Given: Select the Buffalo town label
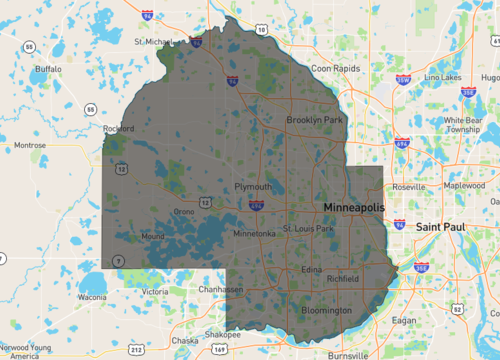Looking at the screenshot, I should (48, 69).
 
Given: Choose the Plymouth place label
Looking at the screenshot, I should (252, 187).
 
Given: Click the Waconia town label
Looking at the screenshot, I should (92, 297).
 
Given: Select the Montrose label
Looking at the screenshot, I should (30, 145).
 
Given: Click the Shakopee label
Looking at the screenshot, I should (221, 334).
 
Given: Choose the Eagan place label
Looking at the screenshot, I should (404, 320).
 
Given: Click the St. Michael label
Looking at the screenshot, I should (154, 42).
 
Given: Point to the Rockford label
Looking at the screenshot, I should (119, 128).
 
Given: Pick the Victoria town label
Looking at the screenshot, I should (155, 291).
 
